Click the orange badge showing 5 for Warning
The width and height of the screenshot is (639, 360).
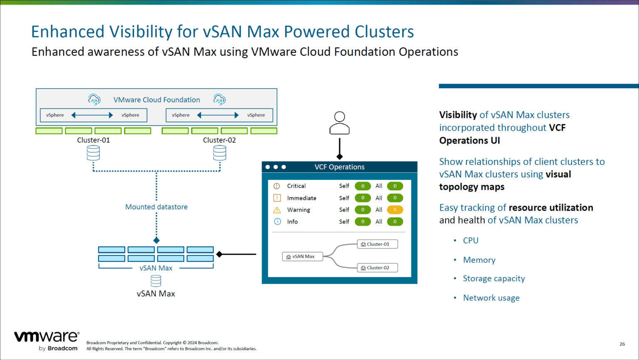point(395,210)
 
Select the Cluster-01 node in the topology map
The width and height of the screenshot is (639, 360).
point(377,244)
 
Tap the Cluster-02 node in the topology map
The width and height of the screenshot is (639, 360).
point(377,268)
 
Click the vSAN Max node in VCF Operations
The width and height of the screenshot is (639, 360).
point(302,256)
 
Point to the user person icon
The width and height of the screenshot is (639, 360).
point(339,123)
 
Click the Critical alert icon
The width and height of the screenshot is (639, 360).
point(277,186)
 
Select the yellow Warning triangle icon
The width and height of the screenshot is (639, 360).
point(277,210)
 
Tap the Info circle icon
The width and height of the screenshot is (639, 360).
point(277,221)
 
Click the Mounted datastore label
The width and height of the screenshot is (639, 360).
point(156,207)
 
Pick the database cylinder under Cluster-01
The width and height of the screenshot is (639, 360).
point(93,153)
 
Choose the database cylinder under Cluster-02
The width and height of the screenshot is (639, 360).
point(220,153)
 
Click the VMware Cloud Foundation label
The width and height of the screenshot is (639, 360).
point(157,100)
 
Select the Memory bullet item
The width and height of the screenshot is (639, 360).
point(479,260)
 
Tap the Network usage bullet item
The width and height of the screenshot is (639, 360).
point(491,298)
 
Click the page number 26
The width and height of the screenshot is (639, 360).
point(622,344)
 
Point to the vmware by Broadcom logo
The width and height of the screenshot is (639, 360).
point(47,340)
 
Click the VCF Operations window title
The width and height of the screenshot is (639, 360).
point(339,167)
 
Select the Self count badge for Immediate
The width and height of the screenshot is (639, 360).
point(362,198)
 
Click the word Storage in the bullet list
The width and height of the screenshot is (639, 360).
point(477,278)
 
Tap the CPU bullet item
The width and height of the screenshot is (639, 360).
point(471,241)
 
